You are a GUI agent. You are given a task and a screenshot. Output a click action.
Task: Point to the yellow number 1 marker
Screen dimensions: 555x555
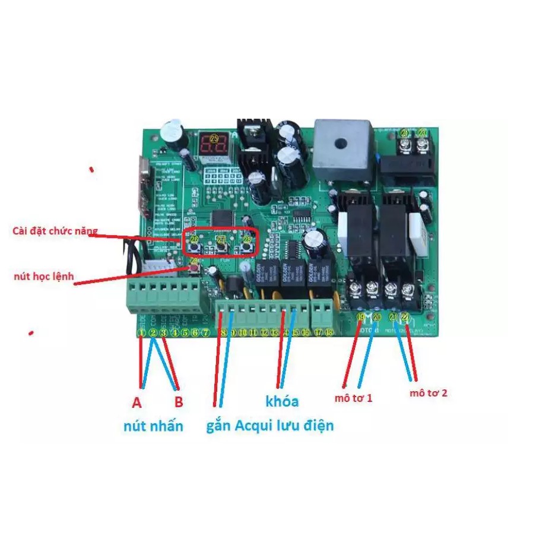141,333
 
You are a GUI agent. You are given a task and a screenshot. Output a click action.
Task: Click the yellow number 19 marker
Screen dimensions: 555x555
360,317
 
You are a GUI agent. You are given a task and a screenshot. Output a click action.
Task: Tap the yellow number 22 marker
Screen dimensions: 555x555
405,317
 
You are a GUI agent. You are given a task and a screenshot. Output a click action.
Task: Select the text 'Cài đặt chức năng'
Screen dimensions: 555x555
55,230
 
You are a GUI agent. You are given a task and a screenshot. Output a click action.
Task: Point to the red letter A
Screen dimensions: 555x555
137,403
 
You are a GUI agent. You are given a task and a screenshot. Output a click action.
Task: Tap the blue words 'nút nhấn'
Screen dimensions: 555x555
153,426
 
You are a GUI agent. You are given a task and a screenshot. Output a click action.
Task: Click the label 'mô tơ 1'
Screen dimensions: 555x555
353,398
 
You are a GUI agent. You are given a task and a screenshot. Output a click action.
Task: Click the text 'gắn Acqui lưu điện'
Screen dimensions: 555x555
270,426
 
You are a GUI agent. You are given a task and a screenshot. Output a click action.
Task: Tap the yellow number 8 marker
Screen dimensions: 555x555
223,333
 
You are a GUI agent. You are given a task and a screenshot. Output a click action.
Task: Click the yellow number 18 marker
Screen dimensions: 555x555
329,333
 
